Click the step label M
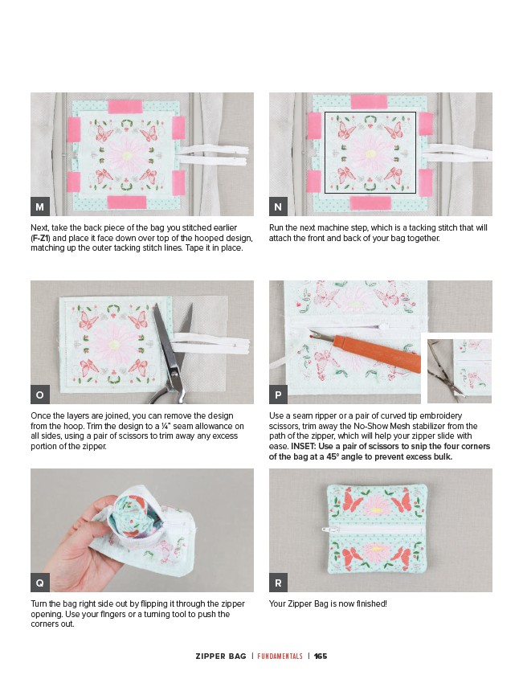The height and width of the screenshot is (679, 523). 40,207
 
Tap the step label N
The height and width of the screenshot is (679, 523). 279,207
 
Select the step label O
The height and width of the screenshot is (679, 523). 40,395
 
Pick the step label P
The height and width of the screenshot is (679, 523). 279,395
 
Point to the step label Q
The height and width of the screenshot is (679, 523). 40,583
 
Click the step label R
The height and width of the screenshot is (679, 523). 279,583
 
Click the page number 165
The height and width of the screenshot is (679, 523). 321,656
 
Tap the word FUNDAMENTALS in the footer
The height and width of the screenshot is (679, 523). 280,656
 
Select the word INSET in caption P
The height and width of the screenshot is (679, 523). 303,446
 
